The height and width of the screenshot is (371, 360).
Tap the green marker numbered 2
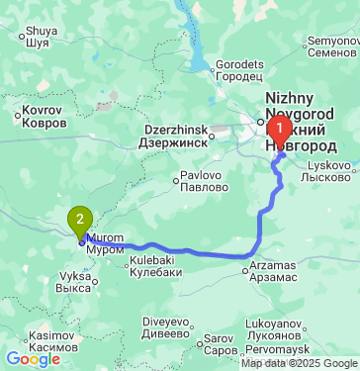[x=79, y=220]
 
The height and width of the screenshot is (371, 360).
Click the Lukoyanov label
[x=301, y=327]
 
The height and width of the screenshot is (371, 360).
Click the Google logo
[x=33, y=359]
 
